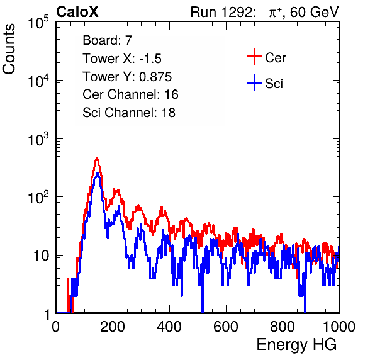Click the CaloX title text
(x=77, y=12)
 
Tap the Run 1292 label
(x=221, y=12)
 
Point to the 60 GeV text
(x=315, y=12)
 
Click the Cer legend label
(x=275, y=58)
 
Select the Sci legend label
(x=274, y=84)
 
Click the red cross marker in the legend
(x=254, y=57)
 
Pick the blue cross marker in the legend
(x=254, y=82)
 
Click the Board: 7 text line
(x=108, y=40)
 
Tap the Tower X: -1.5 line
(x=122, y=59)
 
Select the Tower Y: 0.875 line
(x=127, y=77)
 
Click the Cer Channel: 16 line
(x=131, y=94)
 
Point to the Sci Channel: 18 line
(x=129, y=113)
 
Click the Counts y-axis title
(x=9, y=49)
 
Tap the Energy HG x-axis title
(x=297, y=345)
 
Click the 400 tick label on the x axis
(x=169, y=327)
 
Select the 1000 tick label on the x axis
(x=339, y=327)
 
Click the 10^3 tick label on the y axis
(x=38, y=139)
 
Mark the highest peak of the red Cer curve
(x=97, y=158)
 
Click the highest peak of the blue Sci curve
(x=97, y=173)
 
